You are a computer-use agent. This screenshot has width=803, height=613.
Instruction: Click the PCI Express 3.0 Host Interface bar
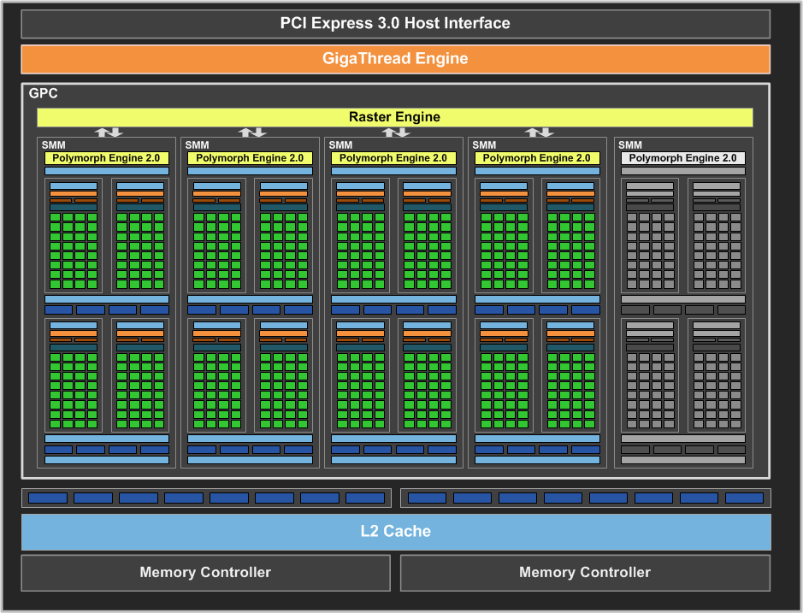pyautogui.click(x=395, y=23)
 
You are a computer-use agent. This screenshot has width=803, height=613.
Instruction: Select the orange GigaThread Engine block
pyautogui.click(x=395, y=59)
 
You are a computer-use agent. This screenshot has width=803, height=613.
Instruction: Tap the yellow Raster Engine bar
pyautogui.click(x=394, y=117)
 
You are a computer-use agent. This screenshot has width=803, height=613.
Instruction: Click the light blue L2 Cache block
pyautogui.click(x=395, y=531)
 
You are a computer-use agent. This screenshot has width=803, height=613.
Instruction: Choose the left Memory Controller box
pyautogui.click(x=205, y=572)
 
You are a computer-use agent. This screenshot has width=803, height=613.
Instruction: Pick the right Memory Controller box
pyautogui.click(x=585, y=572)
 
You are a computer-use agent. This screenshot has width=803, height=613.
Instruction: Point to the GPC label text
pyautogui.click(x=44, y=93)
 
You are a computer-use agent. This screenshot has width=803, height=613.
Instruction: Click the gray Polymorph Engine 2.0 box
pyautogui.click(x=682, y=158)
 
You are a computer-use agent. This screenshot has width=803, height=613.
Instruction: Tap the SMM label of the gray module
pyautogui.click(x=630, y=145)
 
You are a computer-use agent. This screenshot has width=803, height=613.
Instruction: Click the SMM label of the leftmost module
pyautogui.click(x=54, y=145)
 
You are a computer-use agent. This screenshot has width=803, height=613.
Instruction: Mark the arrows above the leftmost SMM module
pyautogui.click(x=108, y=132)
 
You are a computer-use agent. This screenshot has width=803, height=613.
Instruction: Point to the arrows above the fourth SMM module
pyautogui.click(x=539, y=132)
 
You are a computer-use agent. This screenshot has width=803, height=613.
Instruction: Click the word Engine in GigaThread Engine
pyautogui.click(x=441, y=59)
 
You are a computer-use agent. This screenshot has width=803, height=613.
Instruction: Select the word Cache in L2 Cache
pyautogui.click(x=408, y=531)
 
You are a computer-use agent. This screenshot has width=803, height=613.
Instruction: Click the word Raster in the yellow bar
pyautogui.click(x=370, y=117)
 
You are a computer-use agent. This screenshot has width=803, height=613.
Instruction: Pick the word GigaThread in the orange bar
pyautogui.click(x=366, y=59)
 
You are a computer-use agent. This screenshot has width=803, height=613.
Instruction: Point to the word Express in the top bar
pyautogui.click(x=341, y=23)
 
